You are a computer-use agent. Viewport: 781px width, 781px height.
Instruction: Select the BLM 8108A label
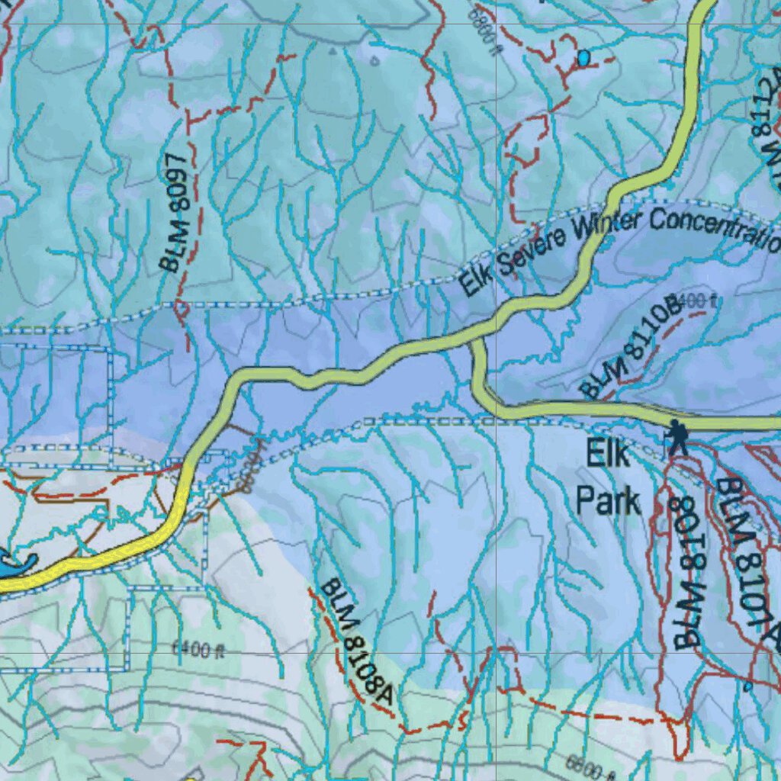pyautogui.click(x=355, y=641)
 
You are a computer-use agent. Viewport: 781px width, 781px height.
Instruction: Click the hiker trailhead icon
pyautogui.click(x=676, y=438)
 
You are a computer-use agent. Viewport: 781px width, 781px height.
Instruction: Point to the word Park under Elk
pyautogui.click(x=608, y=502)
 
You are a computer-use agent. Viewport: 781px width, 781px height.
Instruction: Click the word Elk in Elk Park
pyautogui.click(x=609, y=455)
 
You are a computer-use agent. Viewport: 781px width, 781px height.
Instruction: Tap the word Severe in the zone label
pyautogui.click(x=531, y=252)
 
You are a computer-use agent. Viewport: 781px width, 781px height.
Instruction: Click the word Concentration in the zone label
pyautogui.click(x=715, y=227)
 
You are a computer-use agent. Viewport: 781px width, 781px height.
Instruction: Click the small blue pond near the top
pyautogui.click(x=583, y=57)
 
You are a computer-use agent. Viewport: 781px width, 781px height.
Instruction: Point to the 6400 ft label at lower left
pyautogui.click(x=200, y=651)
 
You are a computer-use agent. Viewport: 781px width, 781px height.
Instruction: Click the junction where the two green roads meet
pyautogui.click(x=474, y=340)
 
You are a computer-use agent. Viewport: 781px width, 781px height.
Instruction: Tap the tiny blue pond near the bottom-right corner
pyautogui.click(x=747, y=687)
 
